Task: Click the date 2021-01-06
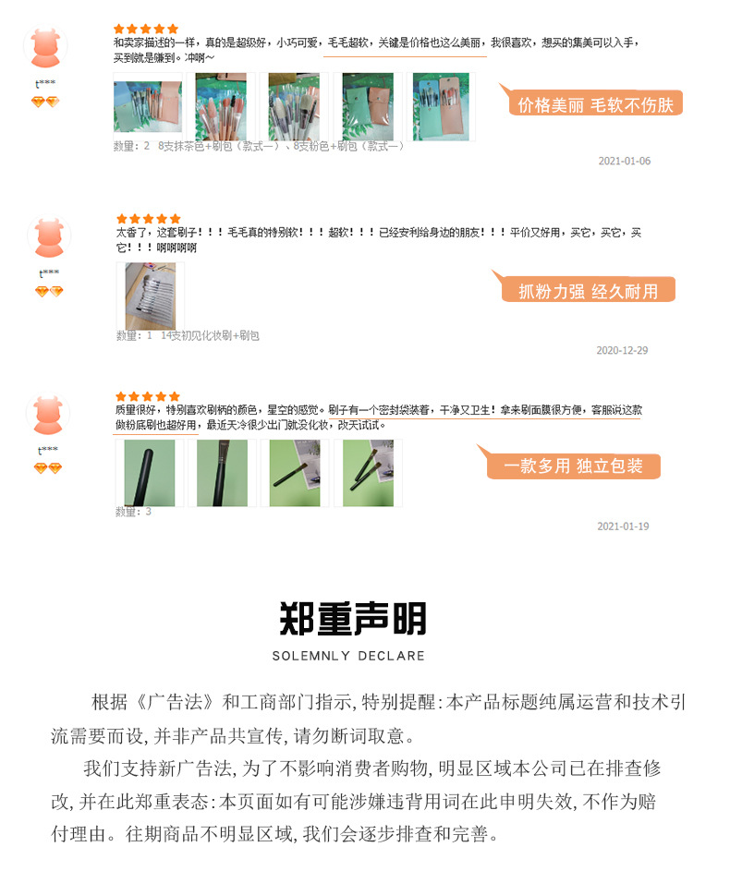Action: pos(624,161)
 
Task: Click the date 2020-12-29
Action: pos(622,351)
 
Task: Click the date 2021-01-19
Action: pos(623,526)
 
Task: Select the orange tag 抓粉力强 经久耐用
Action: pos(588,292)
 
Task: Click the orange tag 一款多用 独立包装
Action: pos(573,466)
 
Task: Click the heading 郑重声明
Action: pos(353,619)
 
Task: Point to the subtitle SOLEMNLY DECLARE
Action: pos(348,656)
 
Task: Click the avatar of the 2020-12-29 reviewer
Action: pos(48,238)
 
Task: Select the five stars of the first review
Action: pos(146,30)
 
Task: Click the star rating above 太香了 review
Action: pos(148,219)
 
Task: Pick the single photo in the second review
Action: pos(150,296)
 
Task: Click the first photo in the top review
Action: pos(147,106)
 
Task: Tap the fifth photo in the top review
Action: pos(440,106)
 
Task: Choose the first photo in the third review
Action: pos(149,472)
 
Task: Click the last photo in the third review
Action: pos(368,472)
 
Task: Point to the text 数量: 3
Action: pos(133,512)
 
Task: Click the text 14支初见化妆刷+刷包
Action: pos(211,336)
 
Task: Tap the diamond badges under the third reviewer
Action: pos(48,469)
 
